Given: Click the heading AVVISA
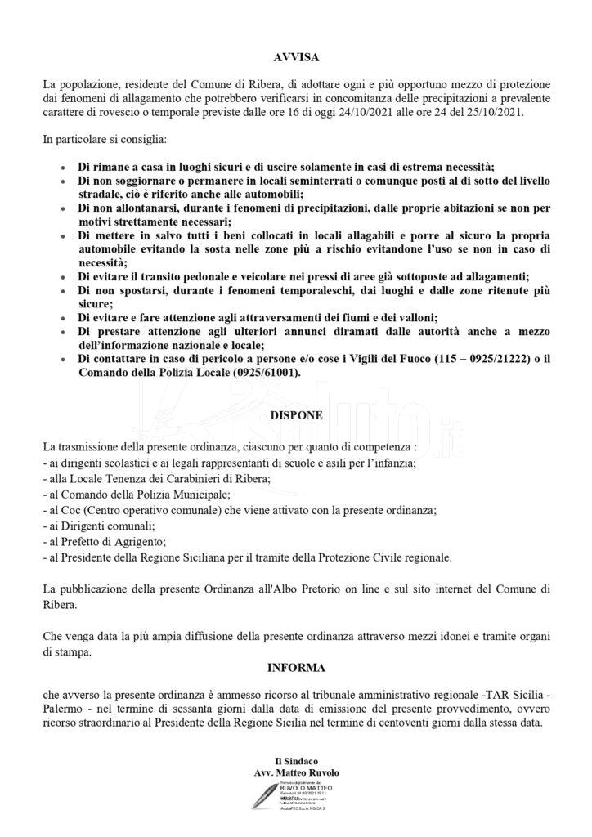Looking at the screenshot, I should point(296,58).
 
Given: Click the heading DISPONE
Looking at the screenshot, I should point(296,415).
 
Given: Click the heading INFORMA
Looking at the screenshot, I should point(296,667).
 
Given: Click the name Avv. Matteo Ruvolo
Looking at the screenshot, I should point(296,772).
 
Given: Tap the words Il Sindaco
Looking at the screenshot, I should point(296,762).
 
